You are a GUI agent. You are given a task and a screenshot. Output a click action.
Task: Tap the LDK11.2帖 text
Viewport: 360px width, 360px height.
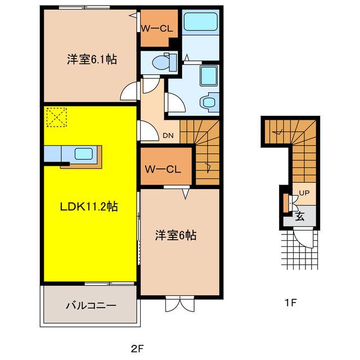89,206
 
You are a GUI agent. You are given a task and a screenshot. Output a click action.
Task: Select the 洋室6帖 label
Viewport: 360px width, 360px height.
176,236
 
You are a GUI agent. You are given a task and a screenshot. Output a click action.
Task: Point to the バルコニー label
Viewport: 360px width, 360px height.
91,306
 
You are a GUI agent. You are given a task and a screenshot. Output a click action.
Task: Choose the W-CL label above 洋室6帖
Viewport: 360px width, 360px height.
163,169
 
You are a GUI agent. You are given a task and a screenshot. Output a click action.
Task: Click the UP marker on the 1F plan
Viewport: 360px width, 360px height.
304,193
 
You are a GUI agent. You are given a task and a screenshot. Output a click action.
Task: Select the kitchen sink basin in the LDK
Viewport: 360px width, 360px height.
85,153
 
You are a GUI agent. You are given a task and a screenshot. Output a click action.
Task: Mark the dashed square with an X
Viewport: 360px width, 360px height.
56,117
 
